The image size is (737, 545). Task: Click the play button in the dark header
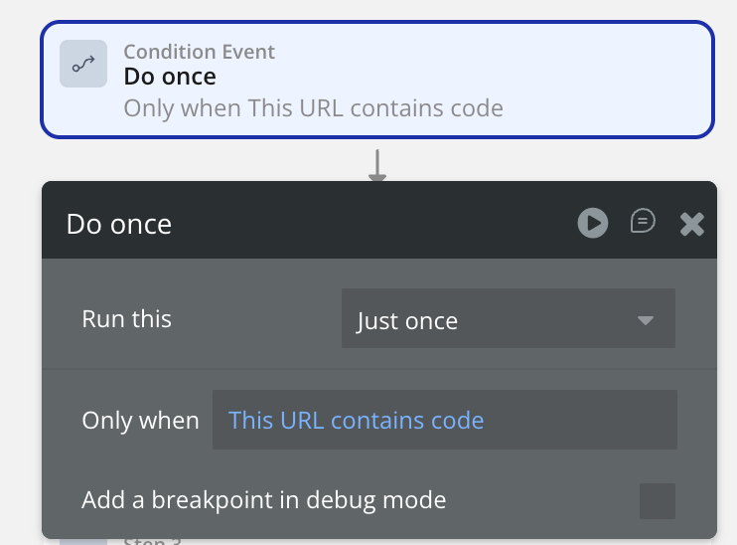[593, 223]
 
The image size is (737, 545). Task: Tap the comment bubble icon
[643, 221]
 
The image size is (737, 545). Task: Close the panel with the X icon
[692, 224]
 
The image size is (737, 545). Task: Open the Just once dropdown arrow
[646, 320]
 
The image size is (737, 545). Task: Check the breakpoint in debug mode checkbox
[658, 501]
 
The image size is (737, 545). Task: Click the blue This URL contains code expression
[356, 421]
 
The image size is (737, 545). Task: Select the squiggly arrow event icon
[83, 64]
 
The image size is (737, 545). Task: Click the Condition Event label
[200, 52]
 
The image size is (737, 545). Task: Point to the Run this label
[126, 318]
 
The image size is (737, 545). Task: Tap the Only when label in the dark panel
[140, 421]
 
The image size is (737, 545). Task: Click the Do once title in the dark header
[119, 224]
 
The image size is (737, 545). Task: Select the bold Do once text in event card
[170, 77]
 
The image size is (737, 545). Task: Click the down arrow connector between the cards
[377, 165]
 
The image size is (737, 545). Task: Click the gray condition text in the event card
[314, 108]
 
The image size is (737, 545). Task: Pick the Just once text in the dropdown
[407, 321]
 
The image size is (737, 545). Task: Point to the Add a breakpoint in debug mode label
[263, 500]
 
